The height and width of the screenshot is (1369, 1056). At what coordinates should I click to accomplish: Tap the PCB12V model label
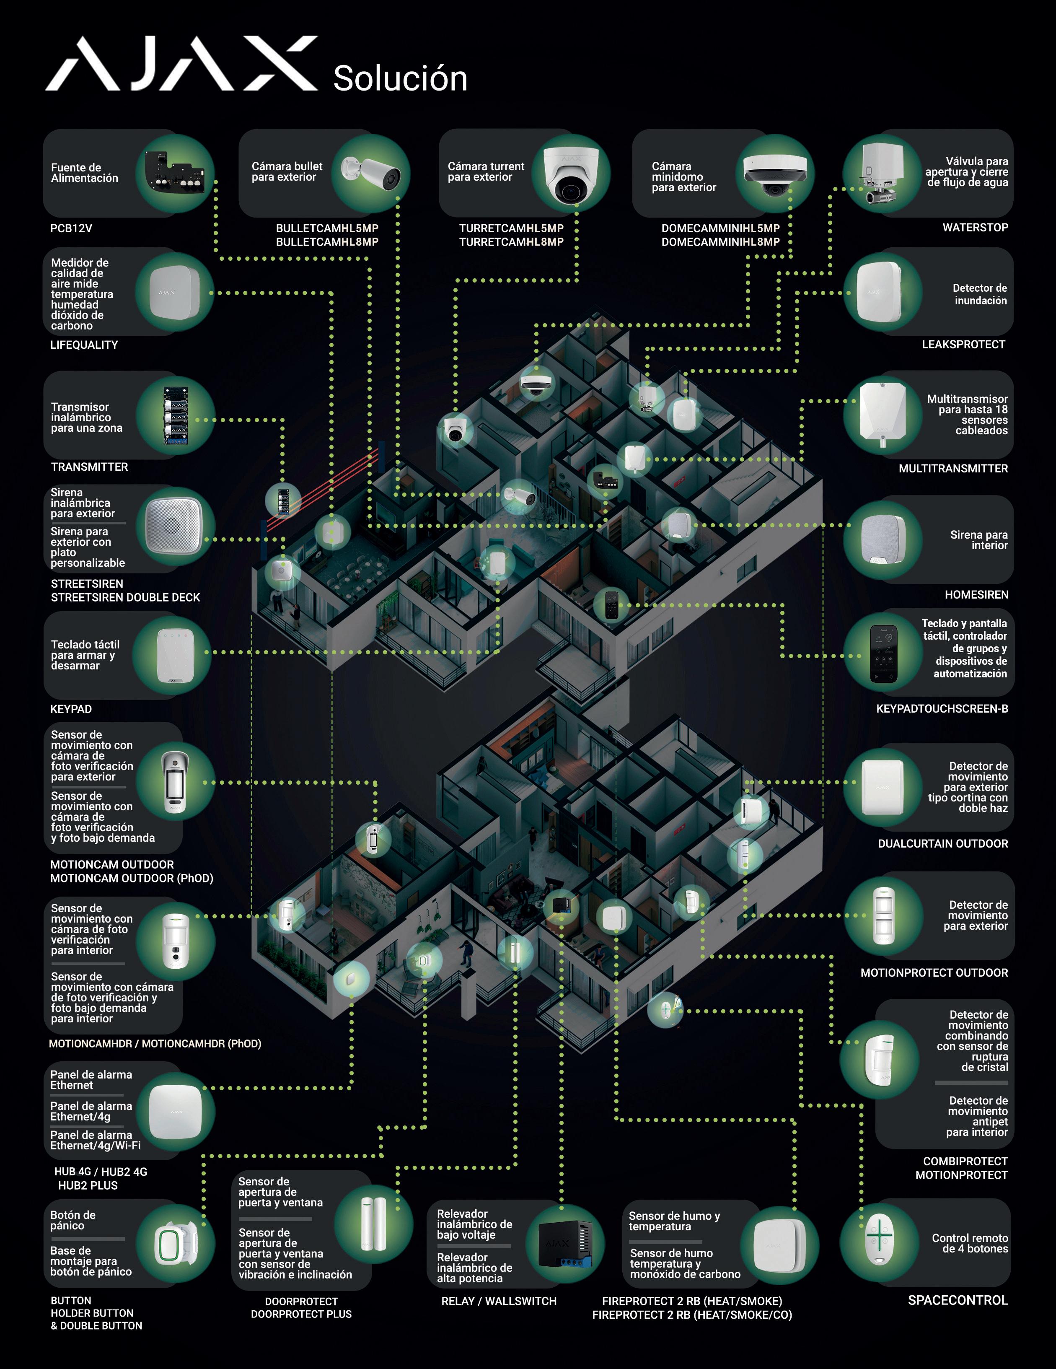(71, 228)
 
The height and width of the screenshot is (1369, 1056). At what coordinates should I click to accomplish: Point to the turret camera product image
(570, 174)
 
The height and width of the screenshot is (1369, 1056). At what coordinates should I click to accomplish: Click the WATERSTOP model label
(975, 228)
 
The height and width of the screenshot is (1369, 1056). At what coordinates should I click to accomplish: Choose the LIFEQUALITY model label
(84, 345)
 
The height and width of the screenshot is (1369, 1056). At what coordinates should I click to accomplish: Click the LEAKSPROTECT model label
(963, 344)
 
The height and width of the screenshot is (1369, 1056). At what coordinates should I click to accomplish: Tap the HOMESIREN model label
(976, 594)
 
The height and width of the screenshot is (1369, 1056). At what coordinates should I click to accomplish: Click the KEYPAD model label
(71, 709)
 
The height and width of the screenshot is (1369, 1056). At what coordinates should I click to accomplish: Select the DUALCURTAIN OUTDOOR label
(942, 844)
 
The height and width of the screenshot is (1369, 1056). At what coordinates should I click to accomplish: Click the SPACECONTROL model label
(958, 1300)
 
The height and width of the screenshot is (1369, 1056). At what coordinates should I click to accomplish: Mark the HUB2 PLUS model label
(88, 1185)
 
